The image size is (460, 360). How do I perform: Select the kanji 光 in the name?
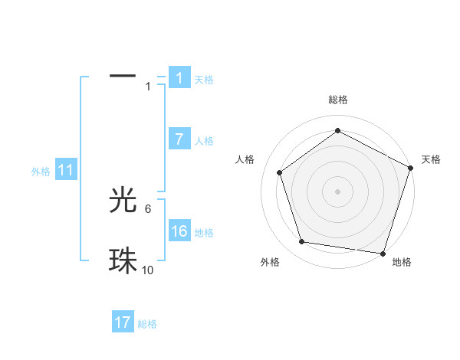pyautogui.click(x=123, y=200)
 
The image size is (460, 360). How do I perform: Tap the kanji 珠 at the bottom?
pyautogui.click(x=123, y=260)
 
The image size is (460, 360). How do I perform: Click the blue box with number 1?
pyautogui.click(x=179, y=77)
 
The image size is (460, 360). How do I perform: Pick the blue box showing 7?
pyautogui.click(x=179, y=139)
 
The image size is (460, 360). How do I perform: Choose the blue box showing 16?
pyautogui.click(x=179, y=231)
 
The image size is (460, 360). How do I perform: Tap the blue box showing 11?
pyautogui.click(x=65, y=170)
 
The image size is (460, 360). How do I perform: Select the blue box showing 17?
pyautogui.click(x=123, y=322)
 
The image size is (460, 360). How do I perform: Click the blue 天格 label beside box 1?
pyautogui.click(x=204, y=79)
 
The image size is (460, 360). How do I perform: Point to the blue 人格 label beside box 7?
pyautogui.click(x=204, y=140)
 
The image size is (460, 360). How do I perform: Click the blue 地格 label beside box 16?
pyautogui.click(x=204, y=232)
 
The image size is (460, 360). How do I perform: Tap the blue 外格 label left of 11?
pyautogui.click(x=41, y=172)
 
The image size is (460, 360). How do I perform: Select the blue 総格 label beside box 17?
pyautogui.click(x=147, y=324)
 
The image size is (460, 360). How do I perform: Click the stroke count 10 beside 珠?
pyautogui.click(x=148, y=270)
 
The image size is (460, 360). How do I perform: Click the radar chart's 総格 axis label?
pyautogui.click(x=338, y=100)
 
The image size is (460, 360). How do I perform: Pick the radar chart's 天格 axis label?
pyautogui.click(x=431, y=159)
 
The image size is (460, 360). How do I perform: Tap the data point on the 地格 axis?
pyautogui.click(x=383, y=253)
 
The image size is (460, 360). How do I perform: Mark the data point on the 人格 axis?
pyautogui.click(x=280, y=172)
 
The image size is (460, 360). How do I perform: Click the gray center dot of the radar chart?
pyautogui.click(x=338, y=191)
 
